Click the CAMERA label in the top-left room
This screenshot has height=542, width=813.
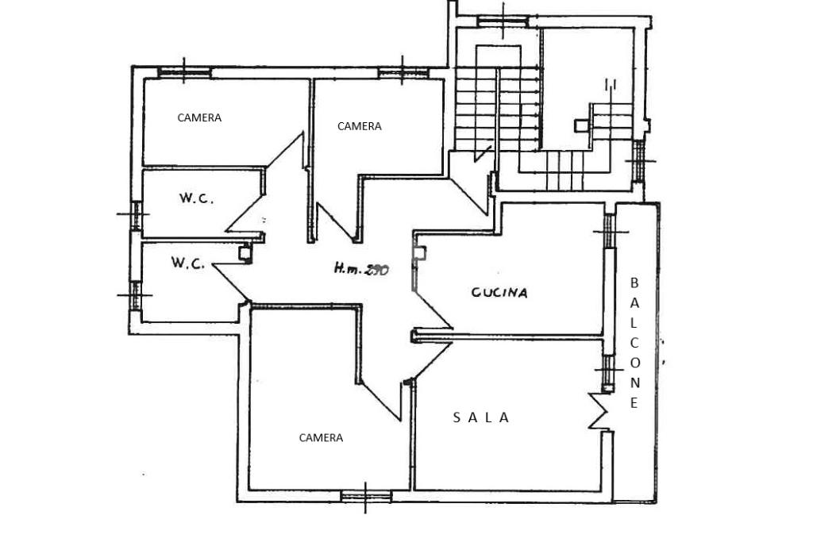click(199, 117)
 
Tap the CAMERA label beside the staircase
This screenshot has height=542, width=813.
click(359, 126)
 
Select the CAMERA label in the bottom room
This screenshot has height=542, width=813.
click(321, 437)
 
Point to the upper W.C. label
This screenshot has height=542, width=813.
click(195, 199)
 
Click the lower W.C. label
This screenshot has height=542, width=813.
click(188, 263)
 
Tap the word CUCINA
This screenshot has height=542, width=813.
click(499, 292)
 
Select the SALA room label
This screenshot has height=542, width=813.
click(481, 417)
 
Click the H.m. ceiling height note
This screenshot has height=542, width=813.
click(360, 270)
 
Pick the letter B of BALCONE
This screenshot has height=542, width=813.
click(634, 283)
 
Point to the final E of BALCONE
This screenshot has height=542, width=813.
click(634, 403)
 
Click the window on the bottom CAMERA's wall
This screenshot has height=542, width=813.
click(366, 497)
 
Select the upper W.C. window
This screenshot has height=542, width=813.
click(135, 214)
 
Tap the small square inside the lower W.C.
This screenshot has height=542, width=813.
click(245, 254)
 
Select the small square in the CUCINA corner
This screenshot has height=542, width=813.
click(419, 253)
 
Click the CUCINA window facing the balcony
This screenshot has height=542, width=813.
click(610, 232)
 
